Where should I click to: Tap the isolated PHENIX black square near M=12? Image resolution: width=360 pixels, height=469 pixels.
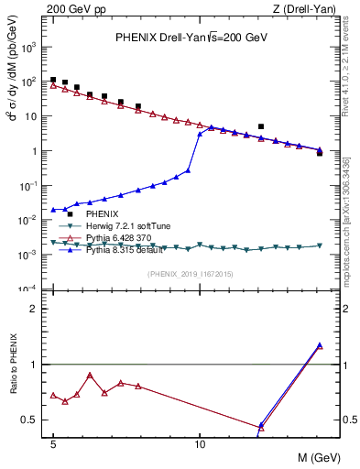[261, 126]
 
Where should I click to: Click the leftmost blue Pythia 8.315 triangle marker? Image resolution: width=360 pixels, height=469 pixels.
[53, 210]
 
